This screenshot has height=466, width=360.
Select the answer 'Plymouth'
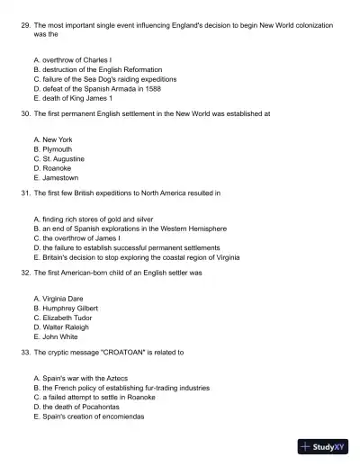(57, 149)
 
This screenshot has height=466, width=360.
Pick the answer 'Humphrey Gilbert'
(68, 308)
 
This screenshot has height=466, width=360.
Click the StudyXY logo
(321, 445)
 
